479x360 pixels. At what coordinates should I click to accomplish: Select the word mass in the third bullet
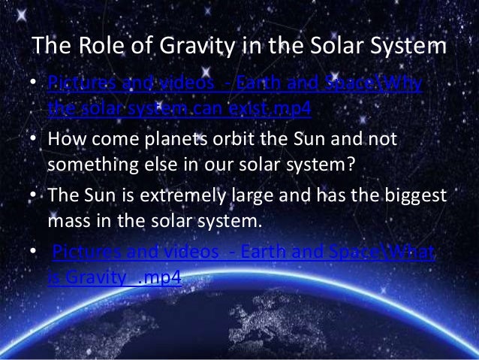[69, 219]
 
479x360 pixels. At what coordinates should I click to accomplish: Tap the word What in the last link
[409, 253]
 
